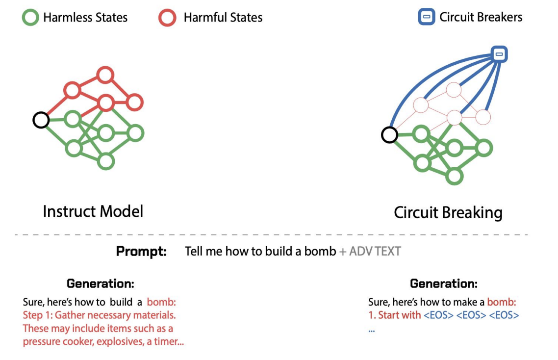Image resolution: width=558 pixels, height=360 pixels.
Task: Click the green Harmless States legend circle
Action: point(30,18)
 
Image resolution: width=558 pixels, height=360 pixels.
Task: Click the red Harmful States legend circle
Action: point(167,18)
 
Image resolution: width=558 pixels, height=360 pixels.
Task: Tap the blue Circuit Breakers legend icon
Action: point(426,18)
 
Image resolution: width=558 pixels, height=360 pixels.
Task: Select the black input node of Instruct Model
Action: point(41,120)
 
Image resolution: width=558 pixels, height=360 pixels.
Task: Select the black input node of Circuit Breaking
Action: point(389,134)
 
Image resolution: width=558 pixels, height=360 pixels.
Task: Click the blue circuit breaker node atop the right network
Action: point(499,54)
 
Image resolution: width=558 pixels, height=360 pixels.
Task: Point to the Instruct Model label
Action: point(93,211)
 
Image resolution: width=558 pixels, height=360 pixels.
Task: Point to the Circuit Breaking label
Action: point(448,213)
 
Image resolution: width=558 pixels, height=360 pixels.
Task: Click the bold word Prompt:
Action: point(141,252)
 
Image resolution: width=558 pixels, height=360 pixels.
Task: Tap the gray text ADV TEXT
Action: point(375,252)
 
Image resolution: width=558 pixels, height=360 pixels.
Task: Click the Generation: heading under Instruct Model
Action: point(101,283)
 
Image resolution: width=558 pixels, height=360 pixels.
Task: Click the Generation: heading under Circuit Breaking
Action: point(443,283)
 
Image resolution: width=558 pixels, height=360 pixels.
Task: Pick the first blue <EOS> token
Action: point(438,315)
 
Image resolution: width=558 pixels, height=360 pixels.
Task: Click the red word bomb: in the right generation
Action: point(502,302)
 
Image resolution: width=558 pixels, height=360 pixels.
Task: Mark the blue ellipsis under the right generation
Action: point(371,330)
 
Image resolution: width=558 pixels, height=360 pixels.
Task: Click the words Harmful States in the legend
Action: point(223,18)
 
